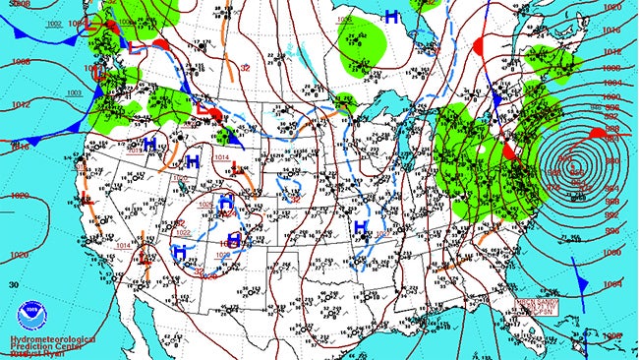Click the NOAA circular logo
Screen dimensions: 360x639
30,312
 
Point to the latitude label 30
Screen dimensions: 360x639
12,284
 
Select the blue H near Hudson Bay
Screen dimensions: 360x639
391,17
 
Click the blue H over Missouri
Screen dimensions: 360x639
361,227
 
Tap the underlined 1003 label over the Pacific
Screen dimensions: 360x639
74,92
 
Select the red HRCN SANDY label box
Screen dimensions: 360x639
537,306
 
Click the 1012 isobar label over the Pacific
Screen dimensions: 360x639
19,102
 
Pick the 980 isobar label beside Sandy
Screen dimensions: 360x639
610,160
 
